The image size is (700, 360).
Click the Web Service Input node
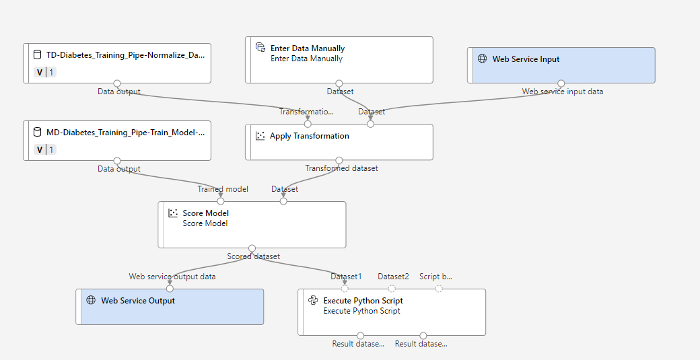tap(561, 65)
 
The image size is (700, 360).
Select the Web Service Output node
tap(170, 307)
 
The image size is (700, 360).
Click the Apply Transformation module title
tap(310, 136)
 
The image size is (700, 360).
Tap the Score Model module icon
tap(173, 213)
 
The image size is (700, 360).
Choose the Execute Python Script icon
tap(314, 301)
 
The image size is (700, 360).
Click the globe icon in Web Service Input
tap(483, 59)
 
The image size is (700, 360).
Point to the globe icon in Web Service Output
tap(92, 300)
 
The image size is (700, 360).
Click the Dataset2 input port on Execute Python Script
tap(392, 289)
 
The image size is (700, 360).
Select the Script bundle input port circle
tap(439, 289)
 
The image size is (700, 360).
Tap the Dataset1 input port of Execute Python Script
tap(345, 289)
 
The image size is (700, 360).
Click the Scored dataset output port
tap(252, 248)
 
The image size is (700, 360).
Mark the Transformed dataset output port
tap(339, 160)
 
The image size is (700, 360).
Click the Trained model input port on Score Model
tap(221, 201)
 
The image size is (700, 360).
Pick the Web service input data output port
tap(561, 83)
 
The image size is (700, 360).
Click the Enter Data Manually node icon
tap(260, 48)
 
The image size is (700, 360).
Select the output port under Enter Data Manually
tap(339, 83)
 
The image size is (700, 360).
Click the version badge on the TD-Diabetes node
tap(45, 73)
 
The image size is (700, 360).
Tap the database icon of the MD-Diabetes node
tap(38, 133)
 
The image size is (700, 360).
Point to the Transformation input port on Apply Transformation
tap(308, 124)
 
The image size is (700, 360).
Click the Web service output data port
tap(170, 289)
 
